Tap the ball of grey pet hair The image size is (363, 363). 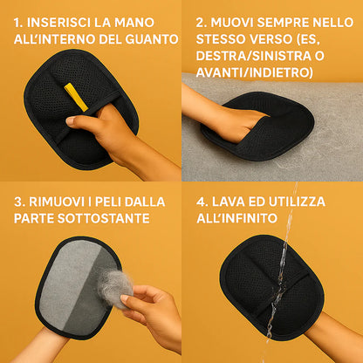click(115, 287)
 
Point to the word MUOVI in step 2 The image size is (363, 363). click(237, 20)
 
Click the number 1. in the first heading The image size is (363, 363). click(19, 20)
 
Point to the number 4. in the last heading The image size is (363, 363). click(202, 202)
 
